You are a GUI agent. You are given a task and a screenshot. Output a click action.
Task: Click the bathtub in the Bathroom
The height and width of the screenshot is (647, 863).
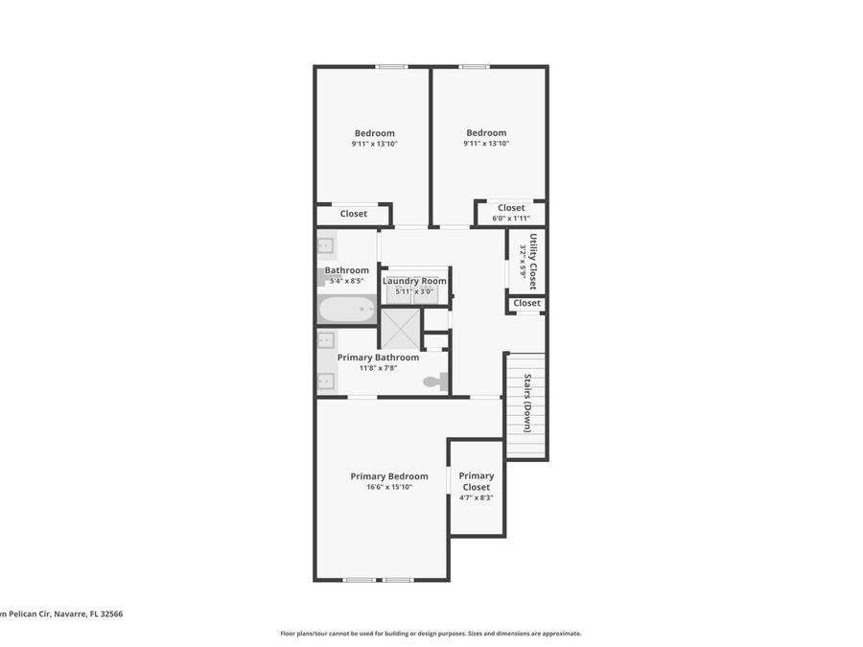tap(346, 310)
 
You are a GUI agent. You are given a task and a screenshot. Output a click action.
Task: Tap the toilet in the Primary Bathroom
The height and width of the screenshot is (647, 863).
tap(435, 382)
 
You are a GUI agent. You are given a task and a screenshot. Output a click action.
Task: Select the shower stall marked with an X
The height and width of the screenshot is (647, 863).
tap(400, 329)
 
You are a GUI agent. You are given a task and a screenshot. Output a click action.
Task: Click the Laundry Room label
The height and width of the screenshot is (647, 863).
tap(414, 281)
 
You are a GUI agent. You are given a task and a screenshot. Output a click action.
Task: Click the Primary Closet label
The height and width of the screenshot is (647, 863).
tap(476, 481)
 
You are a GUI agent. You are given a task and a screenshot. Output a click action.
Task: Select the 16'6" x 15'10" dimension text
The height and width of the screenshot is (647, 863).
tap(388, 487)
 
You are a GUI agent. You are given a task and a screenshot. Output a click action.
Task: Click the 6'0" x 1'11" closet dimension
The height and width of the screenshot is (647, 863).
tap(511, 219)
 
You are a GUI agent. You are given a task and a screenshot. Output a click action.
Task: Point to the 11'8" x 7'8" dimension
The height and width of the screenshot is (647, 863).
tap(377, 368)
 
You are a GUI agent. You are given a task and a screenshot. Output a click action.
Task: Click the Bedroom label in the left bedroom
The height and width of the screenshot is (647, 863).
tap(374, 133)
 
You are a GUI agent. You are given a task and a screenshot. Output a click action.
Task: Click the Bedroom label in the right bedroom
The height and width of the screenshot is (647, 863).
tap(486, 133)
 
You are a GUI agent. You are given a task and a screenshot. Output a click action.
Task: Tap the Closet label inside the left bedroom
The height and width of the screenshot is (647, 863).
tap(354, 214)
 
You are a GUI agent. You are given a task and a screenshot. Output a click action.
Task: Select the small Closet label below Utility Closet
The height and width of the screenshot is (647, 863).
tap(526, 303)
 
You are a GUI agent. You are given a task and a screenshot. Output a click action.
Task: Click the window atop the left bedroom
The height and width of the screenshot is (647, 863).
tap(390, 66)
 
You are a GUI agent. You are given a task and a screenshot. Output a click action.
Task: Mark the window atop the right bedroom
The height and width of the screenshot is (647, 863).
tap(474, 66)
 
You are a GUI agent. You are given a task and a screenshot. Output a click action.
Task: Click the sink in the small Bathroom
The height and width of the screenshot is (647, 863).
tap(324, 245)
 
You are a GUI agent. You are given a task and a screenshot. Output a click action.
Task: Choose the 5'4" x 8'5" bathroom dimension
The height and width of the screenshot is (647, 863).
tap(346, 282)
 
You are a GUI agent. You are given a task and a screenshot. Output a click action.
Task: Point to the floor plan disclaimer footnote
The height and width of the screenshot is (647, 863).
tap(431, 634)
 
